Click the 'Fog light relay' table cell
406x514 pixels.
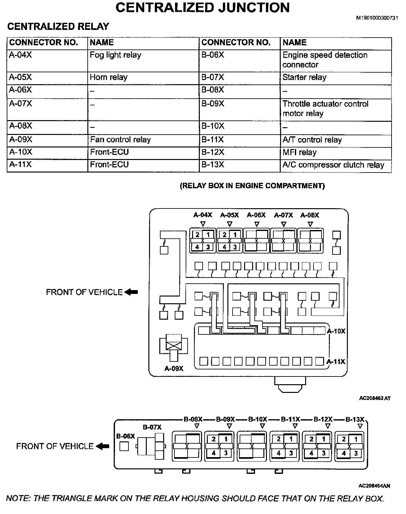115,55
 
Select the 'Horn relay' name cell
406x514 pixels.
109,77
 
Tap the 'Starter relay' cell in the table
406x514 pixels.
304,77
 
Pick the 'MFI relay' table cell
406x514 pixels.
299,152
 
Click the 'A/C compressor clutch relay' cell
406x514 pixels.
333,165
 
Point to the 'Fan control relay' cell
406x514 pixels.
120,140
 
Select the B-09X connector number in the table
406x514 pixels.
213,104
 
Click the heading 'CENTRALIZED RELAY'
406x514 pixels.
58,26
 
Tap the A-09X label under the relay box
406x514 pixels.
174,368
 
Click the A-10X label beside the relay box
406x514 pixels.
336,331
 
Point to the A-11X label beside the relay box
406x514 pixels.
336,362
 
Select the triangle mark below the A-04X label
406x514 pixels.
203,224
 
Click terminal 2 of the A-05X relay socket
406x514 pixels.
225,235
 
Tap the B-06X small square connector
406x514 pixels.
124,446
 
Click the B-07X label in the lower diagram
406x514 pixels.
152,427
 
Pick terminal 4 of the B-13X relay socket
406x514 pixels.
344,453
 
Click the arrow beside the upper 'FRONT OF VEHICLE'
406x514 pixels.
131,292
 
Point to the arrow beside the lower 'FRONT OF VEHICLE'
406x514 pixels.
103,446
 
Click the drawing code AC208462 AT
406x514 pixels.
375,398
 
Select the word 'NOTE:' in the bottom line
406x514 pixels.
18,499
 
